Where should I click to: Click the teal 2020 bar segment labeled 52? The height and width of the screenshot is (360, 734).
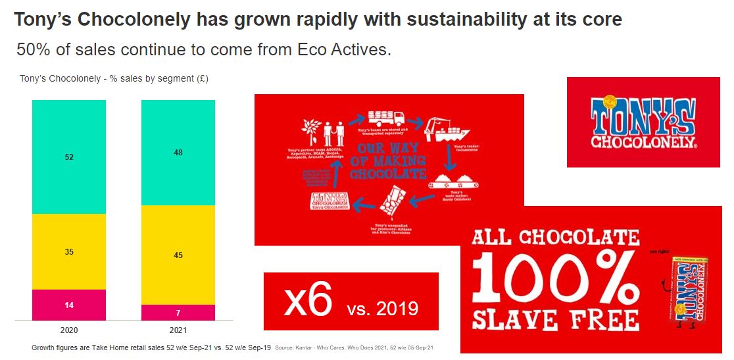(69, 157)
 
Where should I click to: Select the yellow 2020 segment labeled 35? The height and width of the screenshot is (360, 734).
(69, 251)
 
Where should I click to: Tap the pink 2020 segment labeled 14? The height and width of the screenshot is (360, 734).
(69, 305)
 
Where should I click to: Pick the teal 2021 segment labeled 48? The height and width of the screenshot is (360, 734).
(178, 153)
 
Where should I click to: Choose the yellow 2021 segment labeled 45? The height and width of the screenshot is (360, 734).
(178, 255)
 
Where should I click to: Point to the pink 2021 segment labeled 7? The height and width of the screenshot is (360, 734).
(178, 312)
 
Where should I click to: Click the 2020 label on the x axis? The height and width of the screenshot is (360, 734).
(69, 330)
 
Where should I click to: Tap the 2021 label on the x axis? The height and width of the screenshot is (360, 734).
(178, 330)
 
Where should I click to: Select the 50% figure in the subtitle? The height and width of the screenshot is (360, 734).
(32, 49)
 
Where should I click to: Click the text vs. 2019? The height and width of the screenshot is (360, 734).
(383, 307)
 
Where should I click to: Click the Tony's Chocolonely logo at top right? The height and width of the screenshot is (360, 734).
(643, 122)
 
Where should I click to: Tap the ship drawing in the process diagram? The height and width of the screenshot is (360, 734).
(441, 130)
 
